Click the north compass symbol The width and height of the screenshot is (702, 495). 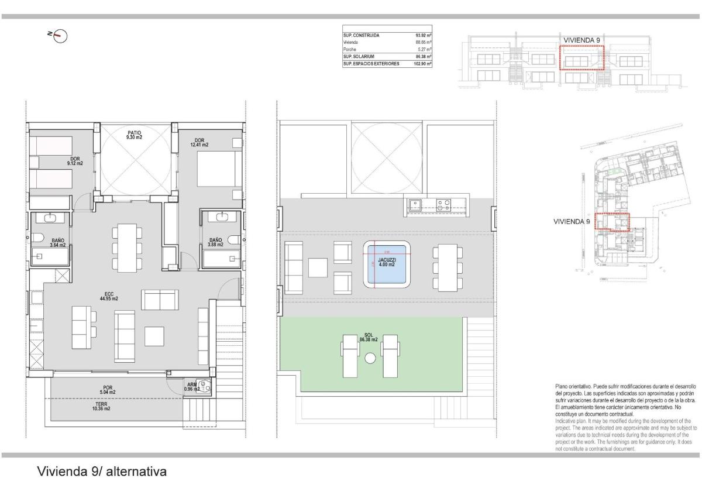coord(60,36)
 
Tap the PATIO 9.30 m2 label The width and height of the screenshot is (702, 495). coord(135,135)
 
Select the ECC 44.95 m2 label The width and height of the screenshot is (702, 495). coord(109,296)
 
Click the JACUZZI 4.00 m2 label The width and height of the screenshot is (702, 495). coord(387,262)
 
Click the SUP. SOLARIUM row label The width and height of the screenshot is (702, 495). coord(360,57)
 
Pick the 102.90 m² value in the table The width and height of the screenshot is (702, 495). coord(422,64)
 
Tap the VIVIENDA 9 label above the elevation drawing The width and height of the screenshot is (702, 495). coord(581,40)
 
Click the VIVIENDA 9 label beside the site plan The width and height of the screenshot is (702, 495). coord(572,222)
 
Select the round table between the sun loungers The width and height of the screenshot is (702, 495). coord(370,359)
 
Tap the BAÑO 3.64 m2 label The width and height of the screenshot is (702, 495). coord(58,243)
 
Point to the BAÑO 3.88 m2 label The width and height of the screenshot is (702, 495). coord(215,242)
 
